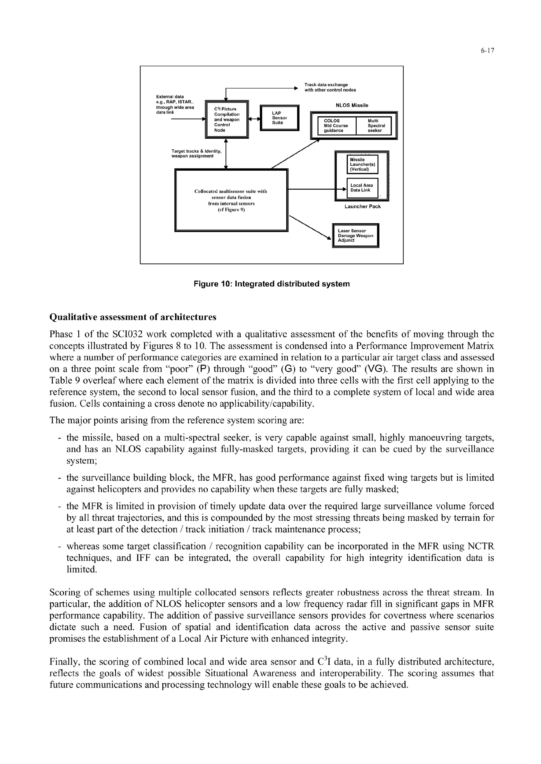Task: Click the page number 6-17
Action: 487,51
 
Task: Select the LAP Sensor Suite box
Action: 279,118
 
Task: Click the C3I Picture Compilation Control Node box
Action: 227,119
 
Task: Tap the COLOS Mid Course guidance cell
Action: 336,125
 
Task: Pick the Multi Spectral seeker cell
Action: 376,125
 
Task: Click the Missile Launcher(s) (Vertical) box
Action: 362,164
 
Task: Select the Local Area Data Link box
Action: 362,188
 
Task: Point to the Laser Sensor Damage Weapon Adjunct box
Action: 356,236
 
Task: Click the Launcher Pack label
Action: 362,207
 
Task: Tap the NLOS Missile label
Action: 352,105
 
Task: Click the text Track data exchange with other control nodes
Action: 330,87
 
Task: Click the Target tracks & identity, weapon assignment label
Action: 196,153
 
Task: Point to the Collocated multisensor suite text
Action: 231,200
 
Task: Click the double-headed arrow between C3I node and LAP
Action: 254,119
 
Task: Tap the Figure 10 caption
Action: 272,284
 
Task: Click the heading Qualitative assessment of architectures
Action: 133,317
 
